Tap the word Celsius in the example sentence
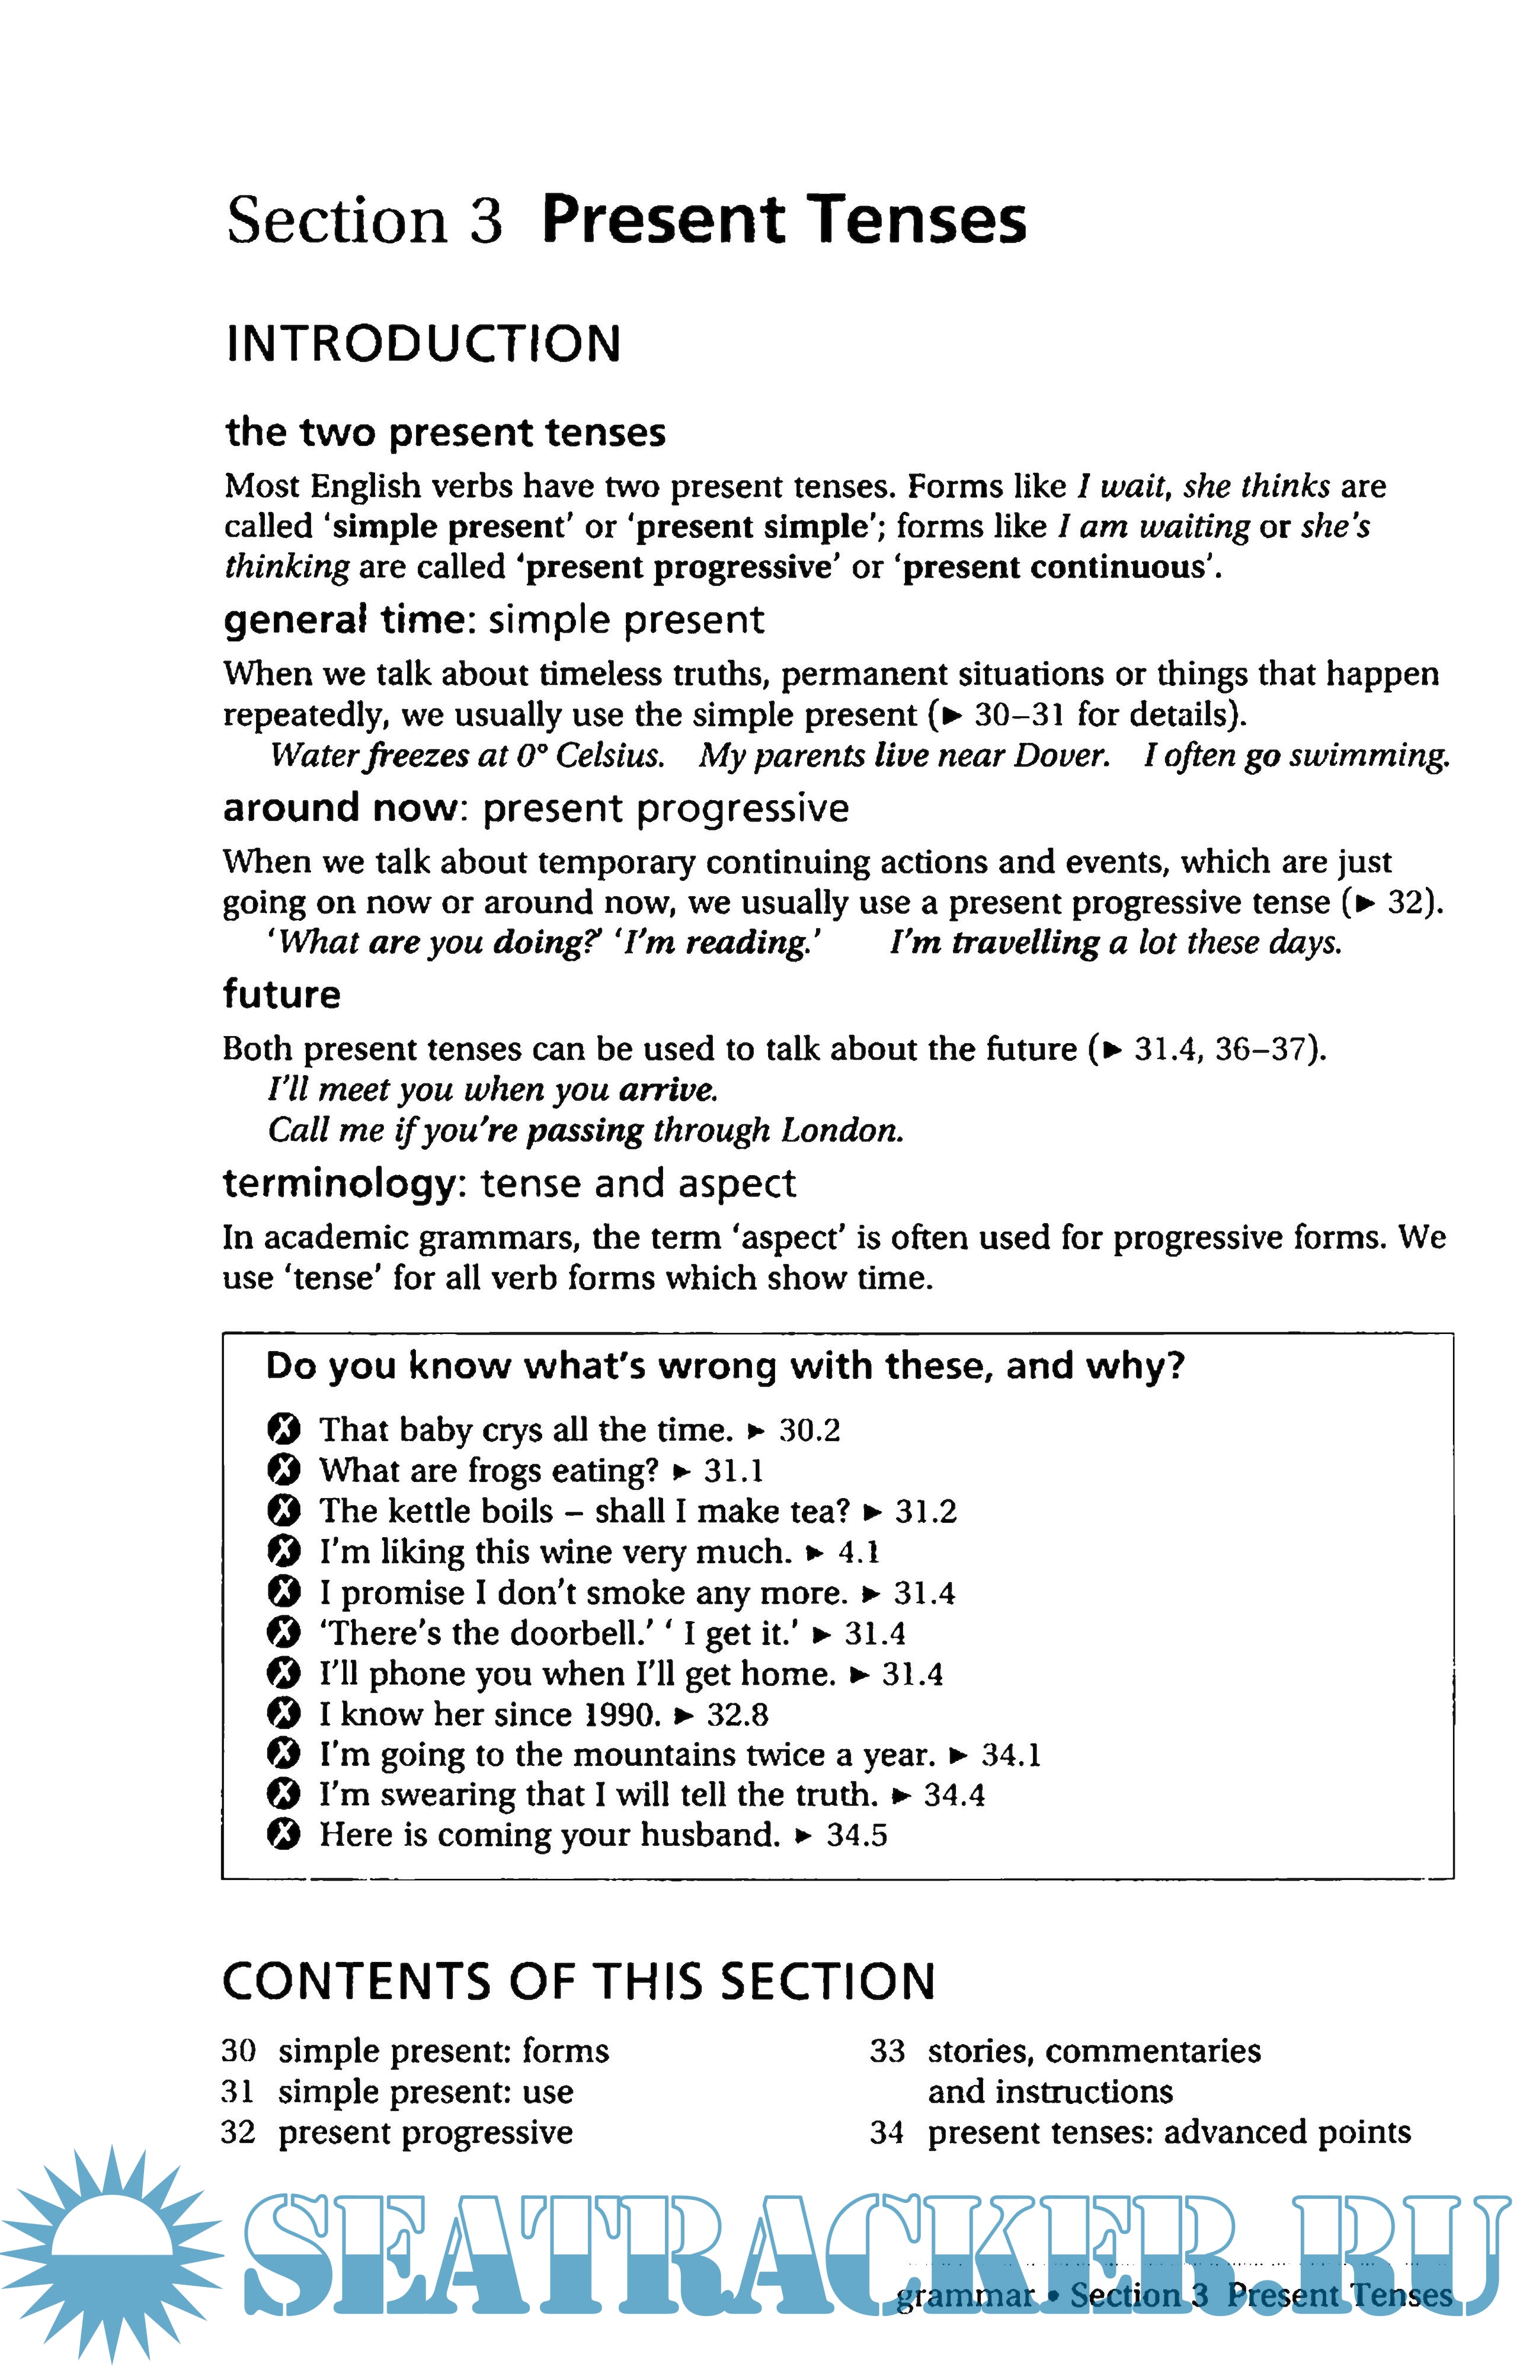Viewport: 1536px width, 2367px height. tap(609, 756)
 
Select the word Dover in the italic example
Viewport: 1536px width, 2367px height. tap(1061, 756)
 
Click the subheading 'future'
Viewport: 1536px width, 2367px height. tap(281, 995)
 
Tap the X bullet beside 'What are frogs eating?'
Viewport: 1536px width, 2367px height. tap(283, 1470)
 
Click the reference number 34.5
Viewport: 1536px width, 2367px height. tap(856, 1835)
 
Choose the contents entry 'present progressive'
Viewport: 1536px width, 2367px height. tap(426, 2132)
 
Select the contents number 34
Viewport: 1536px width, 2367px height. tap(887, 2132)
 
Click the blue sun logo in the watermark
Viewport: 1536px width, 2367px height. tap(111, 2253)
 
